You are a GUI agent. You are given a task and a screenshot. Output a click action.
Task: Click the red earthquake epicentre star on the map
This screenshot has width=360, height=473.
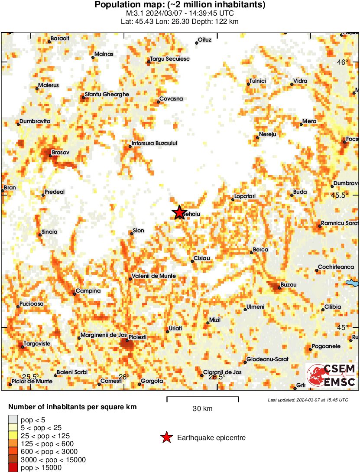tap(179, 212)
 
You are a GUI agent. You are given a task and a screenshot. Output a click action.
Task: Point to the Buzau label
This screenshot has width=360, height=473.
tap(289, 285)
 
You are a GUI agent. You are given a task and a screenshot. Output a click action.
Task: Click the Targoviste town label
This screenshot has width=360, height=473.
tap(37, 344)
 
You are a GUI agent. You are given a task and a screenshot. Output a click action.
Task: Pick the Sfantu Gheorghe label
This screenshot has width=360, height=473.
tap(107, 94)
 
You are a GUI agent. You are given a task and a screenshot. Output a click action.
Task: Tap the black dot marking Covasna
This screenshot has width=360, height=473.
tap(158, 102)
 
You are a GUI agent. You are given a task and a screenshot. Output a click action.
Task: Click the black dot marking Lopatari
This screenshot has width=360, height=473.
tap(233, 199)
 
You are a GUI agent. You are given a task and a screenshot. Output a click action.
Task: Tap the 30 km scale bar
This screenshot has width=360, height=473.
tap(202, 397)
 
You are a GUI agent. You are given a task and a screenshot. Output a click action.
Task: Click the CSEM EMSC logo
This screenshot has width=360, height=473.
tap(331, 375)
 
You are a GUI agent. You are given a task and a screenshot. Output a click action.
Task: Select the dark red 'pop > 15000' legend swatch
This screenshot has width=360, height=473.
tap(13, 467)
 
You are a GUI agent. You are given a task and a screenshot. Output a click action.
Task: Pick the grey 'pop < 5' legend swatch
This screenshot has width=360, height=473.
tap(13, 419)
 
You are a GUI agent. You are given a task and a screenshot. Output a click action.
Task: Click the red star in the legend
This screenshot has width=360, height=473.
tap(166, 438)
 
